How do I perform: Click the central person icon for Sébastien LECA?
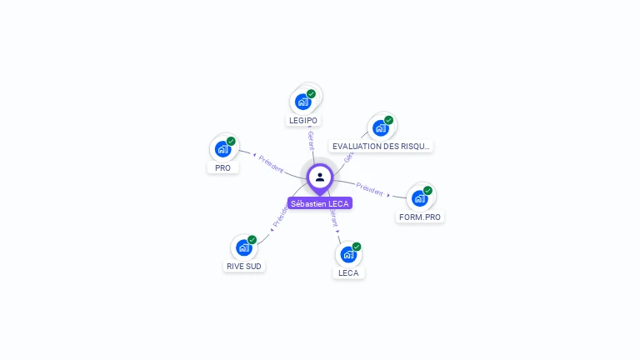coord(320,177)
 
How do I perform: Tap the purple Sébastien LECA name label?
coord(320,203)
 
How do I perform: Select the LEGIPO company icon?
coord(303,102)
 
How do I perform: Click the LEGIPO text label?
coord(303,121)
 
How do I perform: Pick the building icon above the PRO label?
coord(222,149)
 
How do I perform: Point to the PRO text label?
coord(222,167)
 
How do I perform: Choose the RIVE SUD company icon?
coord(243,247)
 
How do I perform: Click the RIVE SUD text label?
coord(243,267)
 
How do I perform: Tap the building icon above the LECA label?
coord(348,254)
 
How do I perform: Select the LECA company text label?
coord(348,272)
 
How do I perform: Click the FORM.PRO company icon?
coord(420,198)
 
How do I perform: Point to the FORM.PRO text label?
coord(420,217)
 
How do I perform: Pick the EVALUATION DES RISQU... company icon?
coord(381,127)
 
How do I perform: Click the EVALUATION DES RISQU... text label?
coord(381,147)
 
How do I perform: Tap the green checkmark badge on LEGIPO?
coord(311,94)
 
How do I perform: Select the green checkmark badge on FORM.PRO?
coord(427,191)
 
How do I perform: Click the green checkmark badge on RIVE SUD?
coord(252,240)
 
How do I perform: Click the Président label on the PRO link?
coord(270,162)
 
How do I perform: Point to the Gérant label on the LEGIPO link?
coord(311,139)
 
